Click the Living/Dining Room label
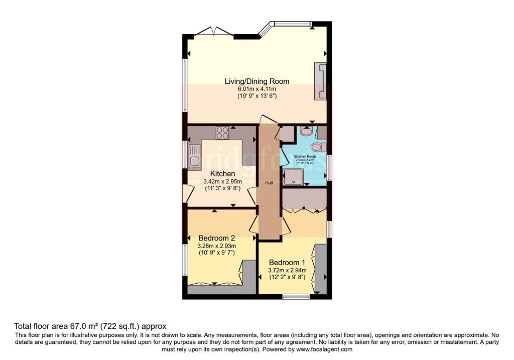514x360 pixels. (256, 81)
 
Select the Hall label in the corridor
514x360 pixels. (269, 183)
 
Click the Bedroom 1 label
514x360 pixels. (287, 262)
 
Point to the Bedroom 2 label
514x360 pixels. (217, 237)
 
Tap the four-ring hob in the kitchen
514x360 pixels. (222, 133)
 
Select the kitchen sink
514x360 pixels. (194, 155)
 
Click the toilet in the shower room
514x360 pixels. (318, 147)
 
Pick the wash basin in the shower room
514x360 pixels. (306, 131)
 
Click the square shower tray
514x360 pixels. (293, 177)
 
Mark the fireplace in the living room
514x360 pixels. (320, 81)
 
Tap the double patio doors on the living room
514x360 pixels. (213, 32)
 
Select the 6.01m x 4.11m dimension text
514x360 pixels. (256, 88)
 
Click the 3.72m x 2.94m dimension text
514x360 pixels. (287, 270)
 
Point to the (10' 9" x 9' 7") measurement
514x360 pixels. (217, 253)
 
